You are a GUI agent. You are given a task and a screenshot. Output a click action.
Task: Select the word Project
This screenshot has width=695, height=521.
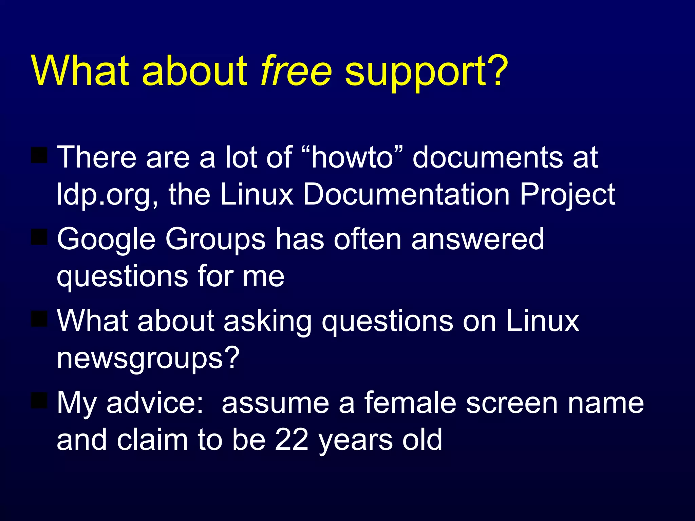[567, 195]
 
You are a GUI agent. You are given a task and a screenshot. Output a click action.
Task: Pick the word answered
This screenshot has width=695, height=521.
[478, 239]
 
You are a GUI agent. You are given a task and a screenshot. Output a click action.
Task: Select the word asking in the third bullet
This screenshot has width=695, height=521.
[267, 322]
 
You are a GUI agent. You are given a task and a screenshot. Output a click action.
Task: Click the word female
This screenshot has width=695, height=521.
[410, 403]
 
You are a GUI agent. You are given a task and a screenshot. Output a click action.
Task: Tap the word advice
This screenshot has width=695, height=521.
[155, 403]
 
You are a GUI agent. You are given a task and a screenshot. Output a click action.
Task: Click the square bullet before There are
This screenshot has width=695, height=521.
[39, 155]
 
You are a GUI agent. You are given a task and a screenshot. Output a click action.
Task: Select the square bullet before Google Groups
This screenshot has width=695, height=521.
[39, 237]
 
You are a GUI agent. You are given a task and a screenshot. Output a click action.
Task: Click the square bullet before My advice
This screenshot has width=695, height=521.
[39, 400]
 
